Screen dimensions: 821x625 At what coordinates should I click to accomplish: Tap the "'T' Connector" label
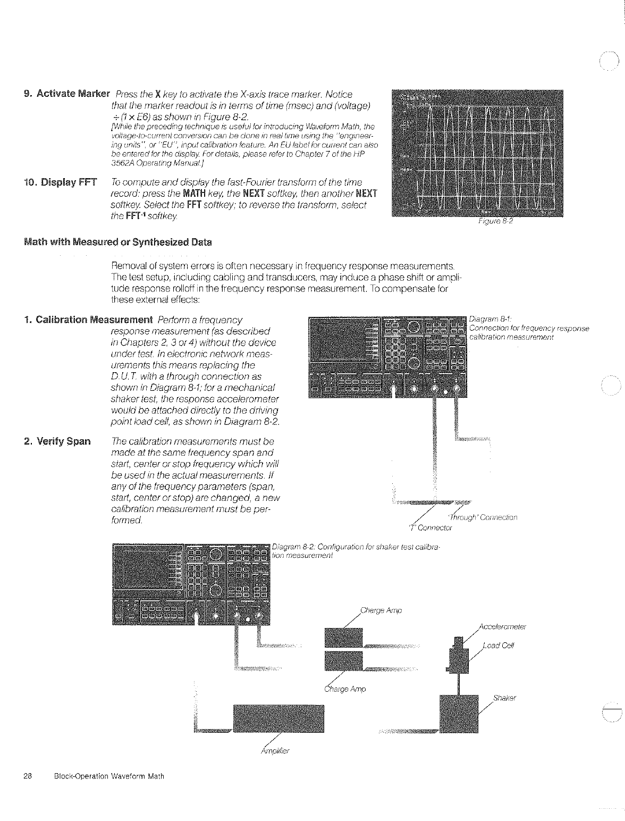(x=430, y=528)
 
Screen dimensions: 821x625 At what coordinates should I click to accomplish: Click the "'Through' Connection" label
(x=483, y=517)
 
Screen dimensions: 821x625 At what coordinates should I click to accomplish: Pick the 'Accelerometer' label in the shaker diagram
(x=502, y=626)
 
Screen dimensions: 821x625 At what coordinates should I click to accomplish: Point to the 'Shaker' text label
(x=504, y=698)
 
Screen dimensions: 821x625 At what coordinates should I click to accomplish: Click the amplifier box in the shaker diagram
(x=278, y=718)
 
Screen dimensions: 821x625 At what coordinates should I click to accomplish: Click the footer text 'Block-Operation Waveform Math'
(x=109, y=776)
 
